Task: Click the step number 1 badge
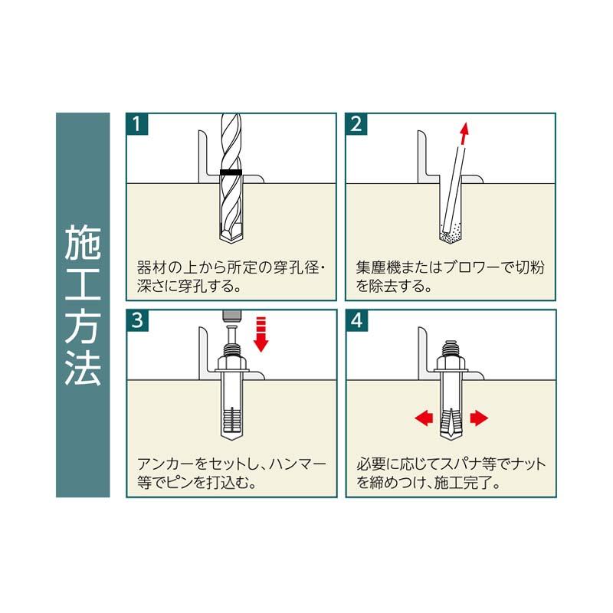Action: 137,124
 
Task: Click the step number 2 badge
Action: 357,124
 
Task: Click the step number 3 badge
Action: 137,320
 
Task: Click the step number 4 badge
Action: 357,320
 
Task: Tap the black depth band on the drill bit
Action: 230,172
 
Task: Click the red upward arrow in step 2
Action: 462,136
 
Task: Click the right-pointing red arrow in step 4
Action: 478,418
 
